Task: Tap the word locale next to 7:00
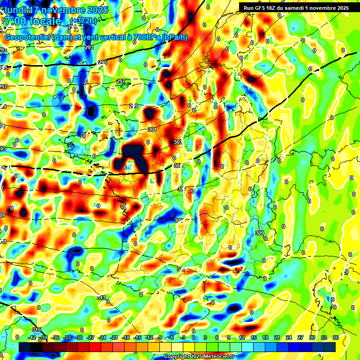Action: [45, 21]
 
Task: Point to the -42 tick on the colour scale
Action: [32, 337]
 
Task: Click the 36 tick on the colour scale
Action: [336, 337]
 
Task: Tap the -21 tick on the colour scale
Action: [114, 337]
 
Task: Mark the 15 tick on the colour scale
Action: [254, 337]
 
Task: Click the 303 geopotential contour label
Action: [177, 142]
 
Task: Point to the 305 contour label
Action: [178, 165]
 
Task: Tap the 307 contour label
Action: [182, 189]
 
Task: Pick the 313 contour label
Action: [101, 298]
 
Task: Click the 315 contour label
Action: [37, 330]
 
